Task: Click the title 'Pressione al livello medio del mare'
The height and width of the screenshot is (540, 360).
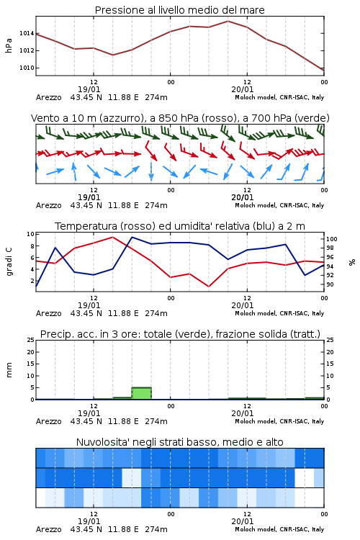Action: pyautogui.click(x=179, y=10)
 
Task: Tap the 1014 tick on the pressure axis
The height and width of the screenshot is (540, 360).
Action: pyautogui.click(x=27, y=33)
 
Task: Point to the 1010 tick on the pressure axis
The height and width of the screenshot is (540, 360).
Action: pyautogui.click(x=27, y=68)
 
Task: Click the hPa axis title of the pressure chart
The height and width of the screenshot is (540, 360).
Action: pyautogui.click(x=9, y=45)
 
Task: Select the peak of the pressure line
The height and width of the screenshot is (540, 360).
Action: pyautogui.click(x=228, y=22)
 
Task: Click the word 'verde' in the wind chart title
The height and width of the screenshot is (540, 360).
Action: pyautogui.click(x=312, y=118)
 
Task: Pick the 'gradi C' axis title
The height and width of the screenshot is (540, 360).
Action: pyautogui.click(x=9, y=261)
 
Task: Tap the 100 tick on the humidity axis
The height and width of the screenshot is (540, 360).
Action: pyautogui.click(x=332, y=239)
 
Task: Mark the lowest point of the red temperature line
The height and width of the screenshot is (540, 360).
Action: pyautogui.click(x=209, y=287)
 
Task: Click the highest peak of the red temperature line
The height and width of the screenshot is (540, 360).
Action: pyautogui.click(x=112, y=237)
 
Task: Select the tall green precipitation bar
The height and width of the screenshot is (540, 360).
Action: pyautogui.click(x=142, y=393)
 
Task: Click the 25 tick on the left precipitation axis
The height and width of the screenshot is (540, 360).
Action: pyautogui.click(x=31, y=340)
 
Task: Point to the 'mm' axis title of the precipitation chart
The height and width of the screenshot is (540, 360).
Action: pyautogui.click(x=9, y=369)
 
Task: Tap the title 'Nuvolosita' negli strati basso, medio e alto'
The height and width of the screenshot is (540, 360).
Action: pyautogui.click(x=179, y=442)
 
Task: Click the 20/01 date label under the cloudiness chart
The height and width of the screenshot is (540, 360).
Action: pyautogui.click(x=242, y=521)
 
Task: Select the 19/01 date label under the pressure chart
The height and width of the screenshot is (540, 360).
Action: pyautogui.click(x=89, y=89)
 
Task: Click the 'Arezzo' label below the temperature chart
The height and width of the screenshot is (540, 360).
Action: pyautogui.click(x=48, y=313)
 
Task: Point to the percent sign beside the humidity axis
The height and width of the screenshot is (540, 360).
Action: pyautogui.click(x=352, y=262)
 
